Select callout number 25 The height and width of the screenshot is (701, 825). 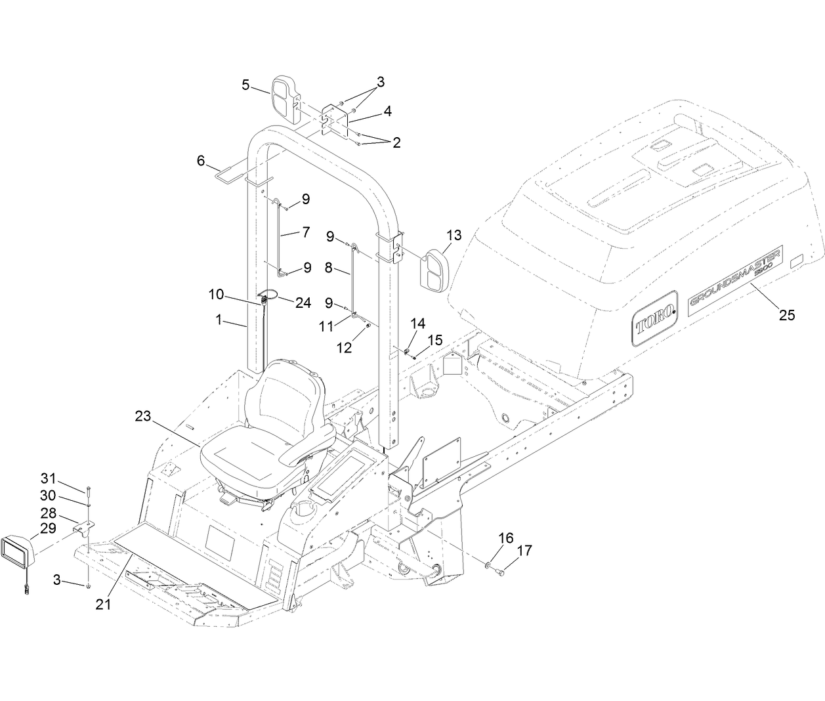[786, 315]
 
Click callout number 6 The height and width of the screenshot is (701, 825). [201, 160]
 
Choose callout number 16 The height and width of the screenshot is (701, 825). [505, 539]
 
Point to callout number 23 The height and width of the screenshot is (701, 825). [144, 415]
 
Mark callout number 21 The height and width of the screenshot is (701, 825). [102, 604]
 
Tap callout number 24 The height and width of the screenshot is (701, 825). [303, 284]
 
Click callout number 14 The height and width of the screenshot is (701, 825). [417, 322]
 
